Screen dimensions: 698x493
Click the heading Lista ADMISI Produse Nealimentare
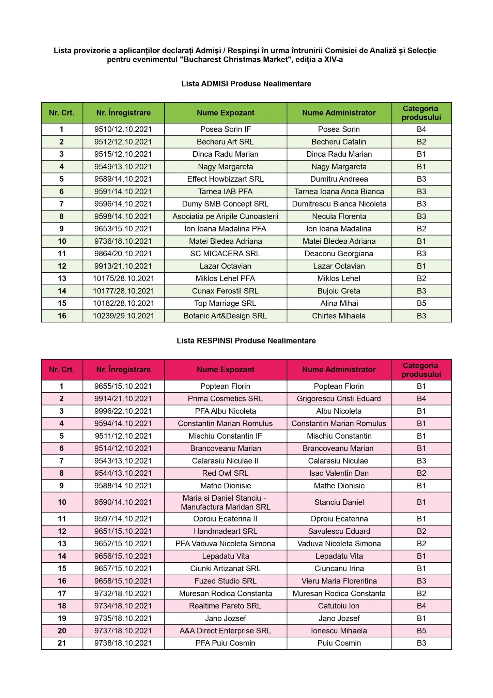pyautogui.click(x=246, y=84)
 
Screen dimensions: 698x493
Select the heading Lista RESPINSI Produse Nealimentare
pyautogui.click(x=246, y=341)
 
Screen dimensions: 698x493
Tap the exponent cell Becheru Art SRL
pyautogui.click(x=225, y=142)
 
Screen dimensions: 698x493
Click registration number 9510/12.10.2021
pyautogui.click(x=123, y=130)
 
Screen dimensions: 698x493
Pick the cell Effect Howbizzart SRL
pyautogui.click(x=225, y=179)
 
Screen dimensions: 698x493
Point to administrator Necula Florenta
pyautogui.click(x=339, y=216)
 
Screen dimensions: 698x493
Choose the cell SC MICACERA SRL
pyautogui.click(x=225, y=254)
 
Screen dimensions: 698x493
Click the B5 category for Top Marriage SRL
pyautogui.click(x=421, y=304)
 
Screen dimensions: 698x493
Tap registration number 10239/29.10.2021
pyautogui.click(x=123, y=316)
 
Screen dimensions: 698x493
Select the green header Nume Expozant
pyautogui.click(x=226, y=113)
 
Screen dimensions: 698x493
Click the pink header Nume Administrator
pyautogui.click(x=339, y=370)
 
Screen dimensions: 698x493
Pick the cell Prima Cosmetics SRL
pyautogui.click(x=225, y=399)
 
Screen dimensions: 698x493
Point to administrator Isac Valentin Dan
pyautogui.click(x=339, y=473)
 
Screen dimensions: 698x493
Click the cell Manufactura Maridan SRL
pyautogui.click(x=226, y=507)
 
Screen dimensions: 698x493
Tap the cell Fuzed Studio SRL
pyautogui.click(x=225, y=581)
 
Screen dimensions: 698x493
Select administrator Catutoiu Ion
pyautogui.click(x=339, y=606)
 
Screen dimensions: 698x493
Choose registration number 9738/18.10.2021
pyautogui.click(x=123, y=643)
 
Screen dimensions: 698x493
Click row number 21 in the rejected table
pyautogui.click(x=62, y=643)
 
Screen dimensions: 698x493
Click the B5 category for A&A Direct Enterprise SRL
pyautogui.click(x=421, y=631)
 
